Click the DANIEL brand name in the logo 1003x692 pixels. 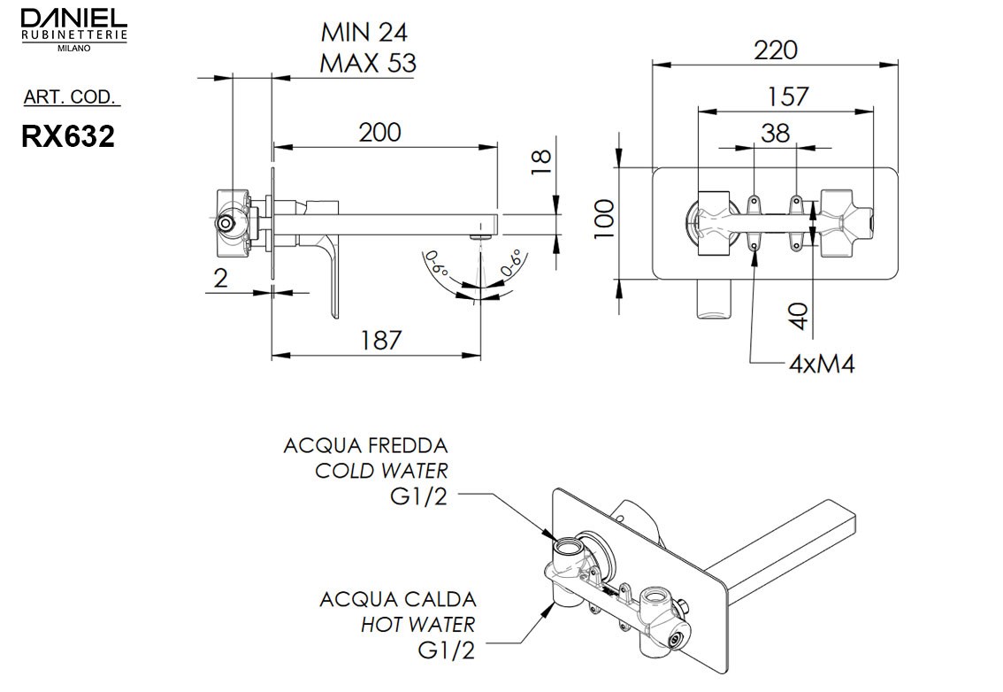pyautogui.click(x=73, y=17)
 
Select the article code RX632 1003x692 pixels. pyautogui.click(x=68, y=136)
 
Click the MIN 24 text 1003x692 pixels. pyautogui.click(x=364, y=34)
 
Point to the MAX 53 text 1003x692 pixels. pyautogui.click(x=367, y=64)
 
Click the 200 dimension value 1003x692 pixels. pyautogui.click(x=379, y=133)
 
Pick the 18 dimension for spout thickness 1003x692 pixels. pyautogui.click(x=541, y=160)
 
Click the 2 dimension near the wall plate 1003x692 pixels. pyautogui.click(x=220, y=278)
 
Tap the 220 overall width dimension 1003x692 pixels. pyautogui.click(x=775, y=50)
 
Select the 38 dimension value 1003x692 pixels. pyautogui.click(x=775, y=133)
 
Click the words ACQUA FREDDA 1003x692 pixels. pyautogui.click(x=365, y=445)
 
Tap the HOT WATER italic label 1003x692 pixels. pyautogui.click(x=417, y=625)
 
